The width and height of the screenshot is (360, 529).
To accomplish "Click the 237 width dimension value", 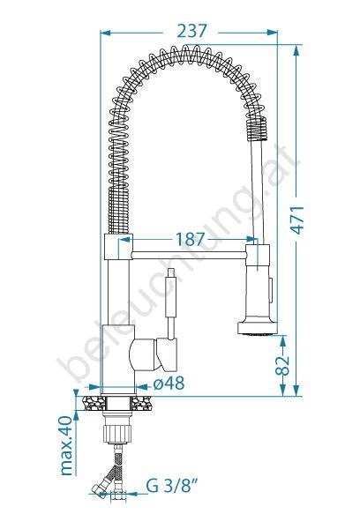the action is [191, 32].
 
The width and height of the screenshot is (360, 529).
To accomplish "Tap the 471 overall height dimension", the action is [297, 220].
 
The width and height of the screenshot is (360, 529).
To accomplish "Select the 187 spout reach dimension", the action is [190, 240].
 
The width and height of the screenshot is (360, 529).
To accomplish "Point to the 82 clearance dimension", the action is [282, 365].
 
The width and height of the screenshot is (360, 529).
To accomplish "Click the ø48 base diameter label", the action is [169, 384].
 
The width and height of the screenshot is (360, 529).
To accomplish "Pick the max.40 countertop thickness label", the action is [66, 445].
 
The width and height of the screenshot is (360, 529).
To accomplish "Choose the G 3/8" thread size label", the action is [171, 486].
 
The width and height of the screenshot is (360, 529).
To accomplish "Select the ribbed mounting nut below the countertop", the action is [116, 434].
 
